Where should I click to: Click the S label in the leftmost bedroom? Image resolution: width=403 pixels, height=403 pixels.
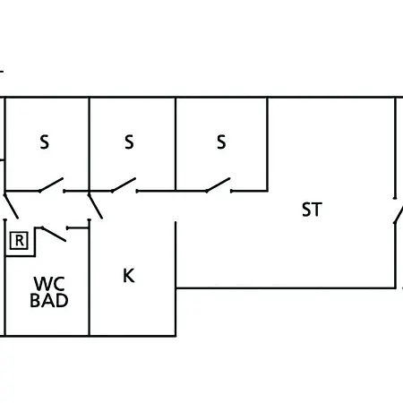point(44,142)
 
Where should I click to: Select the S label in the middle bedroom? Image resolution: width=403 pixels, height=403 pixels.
point(129,142)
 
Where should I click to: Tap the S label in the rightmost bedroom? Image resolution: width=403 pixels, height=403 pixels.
point(221,142)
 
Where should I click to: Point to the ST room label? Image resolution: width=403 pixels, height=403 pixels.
point(312,210)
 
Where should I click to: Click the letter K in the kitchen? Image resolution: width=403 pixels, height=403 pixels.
point(129,276)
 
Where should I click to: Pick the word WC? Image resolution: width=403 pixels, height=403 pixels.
point(49,284)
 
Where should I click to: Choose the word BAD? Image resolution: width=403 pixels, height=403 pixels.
point(49,301)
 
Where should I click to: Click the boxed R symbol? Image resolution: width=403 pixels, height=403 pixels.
point(19,241)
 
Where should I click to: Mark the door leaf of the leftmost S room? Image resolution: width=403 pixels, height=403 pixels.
point(51,184)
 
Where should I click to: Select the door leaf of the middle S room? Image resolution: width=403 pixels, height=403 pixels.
point(124,184)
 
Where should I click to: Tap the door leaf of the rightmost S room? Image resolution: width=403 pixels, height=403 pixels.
point(218,184)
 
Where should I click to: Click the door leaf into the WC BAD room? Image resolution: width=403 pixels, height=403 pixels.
point(54,234)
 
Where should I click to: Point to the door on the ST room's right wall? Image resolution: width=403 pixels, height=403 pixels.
point(399,214)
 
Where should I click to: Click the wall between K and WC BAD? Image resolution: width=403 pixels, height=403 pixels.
point(90,278)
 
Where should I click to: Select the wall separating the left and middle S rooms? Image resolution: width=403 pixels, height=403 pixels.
point(90,144)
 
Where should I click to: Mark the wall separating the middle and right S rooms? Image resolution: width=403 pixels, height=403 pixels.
point(176,144)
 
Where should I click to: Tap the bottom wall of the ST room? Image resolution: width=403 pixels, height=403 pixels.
point(286,288)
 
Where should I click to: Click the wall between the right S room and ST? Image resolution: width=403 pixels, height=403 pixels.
point(268,144)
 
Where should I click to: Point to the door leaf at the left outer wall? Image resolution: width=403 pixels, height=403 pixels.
point(12,206)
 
